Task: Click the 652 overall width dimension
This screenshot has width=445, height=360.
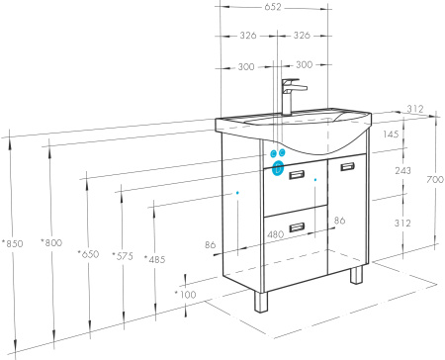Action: [273, 7]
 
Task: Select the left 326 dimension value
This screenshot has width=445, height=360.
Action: [248, 36]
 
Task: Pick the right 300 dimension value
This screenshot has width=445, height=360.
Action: [304, 64]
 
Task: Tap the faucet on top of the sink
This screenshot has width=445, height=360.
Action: [292, 96]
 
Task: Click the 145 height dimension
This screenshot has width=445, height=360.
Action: [391, 135]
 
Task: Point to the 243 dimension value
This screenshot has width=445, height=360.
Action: [402, 170]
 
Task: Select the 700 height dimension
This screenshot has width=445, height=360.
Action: [435, 180]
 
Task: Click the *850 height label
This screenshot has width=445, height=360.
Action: [13, 243]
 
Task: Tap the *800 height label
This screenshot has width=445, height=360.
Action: [51, 242]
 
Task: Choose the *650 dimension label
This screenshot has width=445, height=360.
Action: [88, 254]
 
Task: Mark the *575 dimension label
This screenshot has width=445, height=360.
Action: [123, 256]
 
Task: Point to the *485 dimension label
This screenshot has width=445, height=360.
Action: [154, 259]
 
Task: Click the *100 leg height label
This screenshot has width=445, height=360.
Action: [185, 294]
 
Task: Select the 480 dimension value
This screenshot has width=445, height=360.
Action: [275, 234]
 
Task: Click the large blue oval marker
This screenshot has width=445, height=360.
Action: [278, 168]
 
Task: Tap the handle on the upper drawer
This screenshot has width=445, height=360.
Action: [297, 174]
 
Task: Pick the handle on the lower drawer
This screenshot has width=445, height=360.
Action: [297, 227]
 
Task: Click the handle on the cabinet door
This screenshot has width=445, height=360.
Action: [347, 166]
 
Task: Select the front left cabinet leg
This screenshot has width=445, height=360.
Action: [261, 302]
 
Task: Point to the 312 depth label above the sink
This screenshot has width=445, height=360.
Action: [414, 109]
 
